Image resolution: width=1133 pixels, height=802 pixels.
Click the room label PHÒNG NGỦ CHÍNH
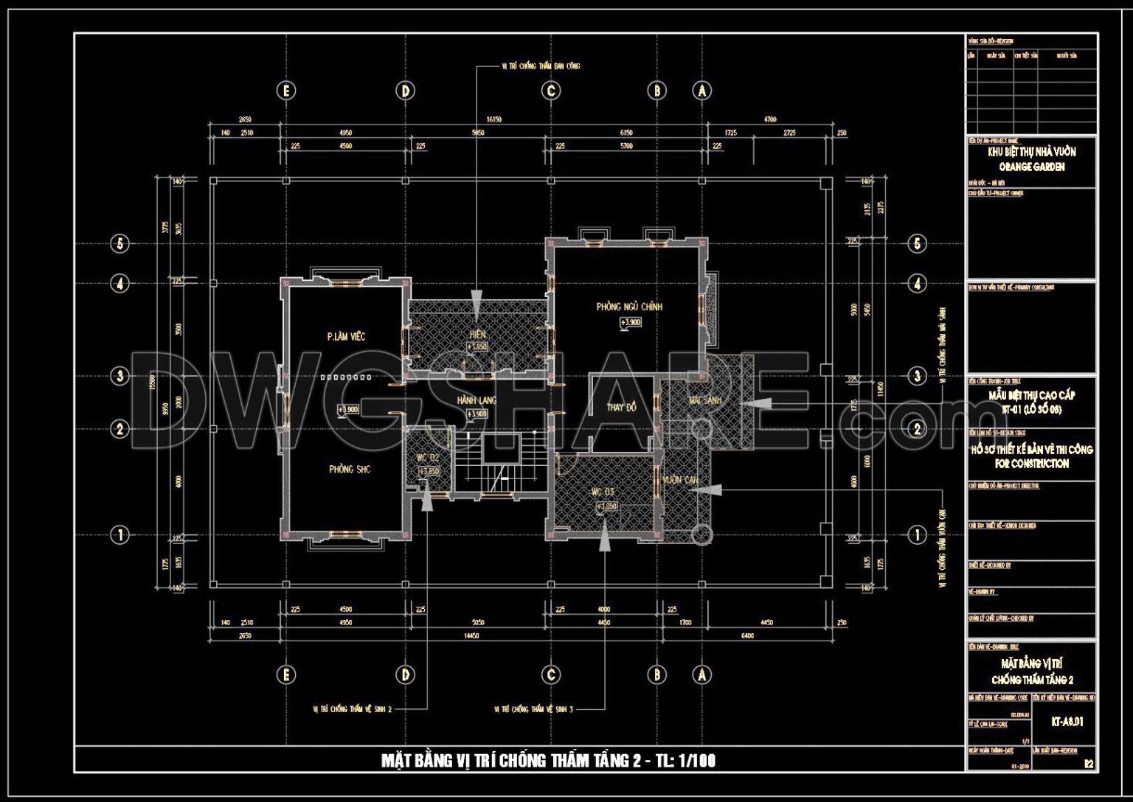click(629, 307)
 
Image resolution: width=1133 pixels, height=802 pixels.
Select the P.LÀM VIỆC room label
click(346, 337)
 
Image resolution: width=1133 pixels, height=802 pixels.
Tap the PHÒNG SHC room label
click(350, 470)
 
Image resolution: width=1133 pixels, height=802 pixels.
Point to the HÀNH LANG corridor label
click(477, 400)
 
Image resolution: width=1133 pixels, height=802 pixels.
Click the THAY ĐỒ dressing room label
click(621, 408)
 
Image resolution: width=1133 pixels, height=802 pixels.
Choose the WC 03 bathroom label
click(602, 492)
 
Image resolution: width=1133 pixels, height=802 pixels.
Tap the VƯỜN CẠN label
click(680, 481)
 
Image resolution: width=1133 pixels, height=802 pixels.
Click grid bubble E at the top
click(286, 91)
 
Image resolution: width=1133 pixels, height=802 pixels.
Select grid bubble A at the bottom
click(701, 674)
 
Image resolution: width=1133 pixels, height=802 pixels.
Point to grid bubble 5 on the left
click(119, 243)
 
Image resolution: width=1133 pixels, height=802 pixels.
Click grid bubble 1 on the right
click(917, 535)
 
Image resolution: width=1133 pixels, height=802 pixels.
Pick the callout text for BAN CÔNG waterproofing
click(540, 66)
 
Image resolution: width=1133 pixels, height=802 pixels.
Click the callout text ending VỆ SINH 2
click(353, 709)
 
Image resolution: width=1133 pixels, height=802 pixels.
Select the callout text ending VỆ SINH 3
click(533, 709)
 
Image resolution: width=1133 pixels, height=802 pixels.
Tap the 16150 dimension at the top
click(493, 119)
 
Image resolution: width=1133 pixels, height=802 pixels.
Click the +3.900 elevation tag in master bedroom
click(630, 323)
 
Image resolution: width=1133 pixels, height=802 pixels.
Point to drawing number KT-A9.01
click(1067, 722)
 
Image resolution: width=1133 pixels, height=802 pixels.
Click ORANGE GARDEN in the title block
click(1031, 167)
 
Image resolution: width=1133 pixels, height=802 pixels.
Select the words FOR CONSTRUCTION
click(1031, 464)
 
